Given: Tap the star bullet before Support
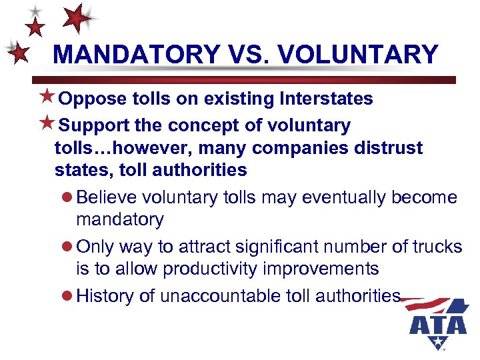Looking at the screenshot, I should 46,125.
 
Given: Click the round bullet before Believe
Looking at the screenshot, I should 67,198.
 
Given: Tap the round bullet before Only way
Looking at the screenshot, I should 67,247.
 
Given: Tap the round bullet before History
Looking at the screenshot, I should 67,296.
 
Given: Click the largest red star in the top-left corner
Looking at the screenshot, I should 77,18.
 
